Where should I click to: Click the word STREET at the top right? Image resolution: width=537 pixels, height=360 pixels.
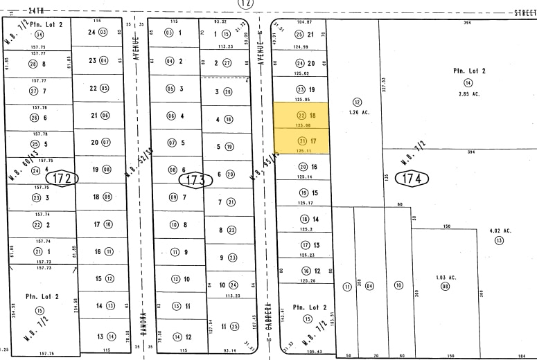[525, 12]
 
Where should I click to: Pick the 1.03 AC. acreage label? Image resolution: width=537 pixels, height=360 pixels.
[446, 278]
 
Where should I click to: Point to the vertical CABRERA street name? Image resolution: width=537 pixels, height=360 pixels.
[267, 315]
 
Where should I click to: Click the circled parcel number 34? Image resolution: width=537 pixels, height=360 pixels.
[39, 35]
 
